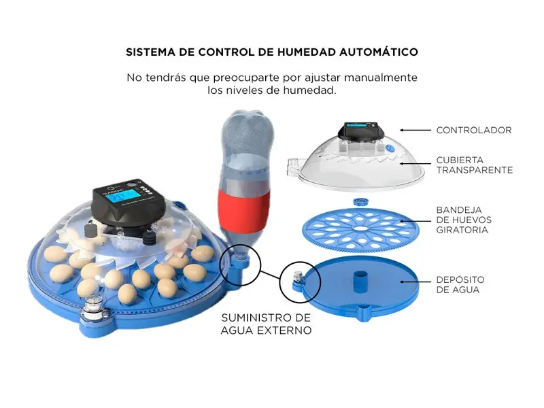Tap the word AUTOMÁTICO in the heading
[379, 52]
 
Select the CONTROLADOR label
[474, 130]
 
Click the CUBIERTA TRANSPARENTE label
[474, 165]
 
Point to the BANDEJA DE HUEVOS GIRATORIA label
[464, 220]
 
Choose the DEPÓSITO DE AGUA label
[460, 284]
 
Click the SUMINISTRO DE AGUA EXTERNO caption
[266, 324]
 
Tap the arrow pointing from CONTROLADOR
[415, 130]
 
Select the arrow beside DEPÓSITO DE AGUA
[415, 282]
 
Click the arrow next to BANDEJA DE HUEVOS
[415, 220]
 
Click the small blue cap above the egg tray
[361, 202]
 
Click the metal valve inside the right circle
[297, 276]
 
